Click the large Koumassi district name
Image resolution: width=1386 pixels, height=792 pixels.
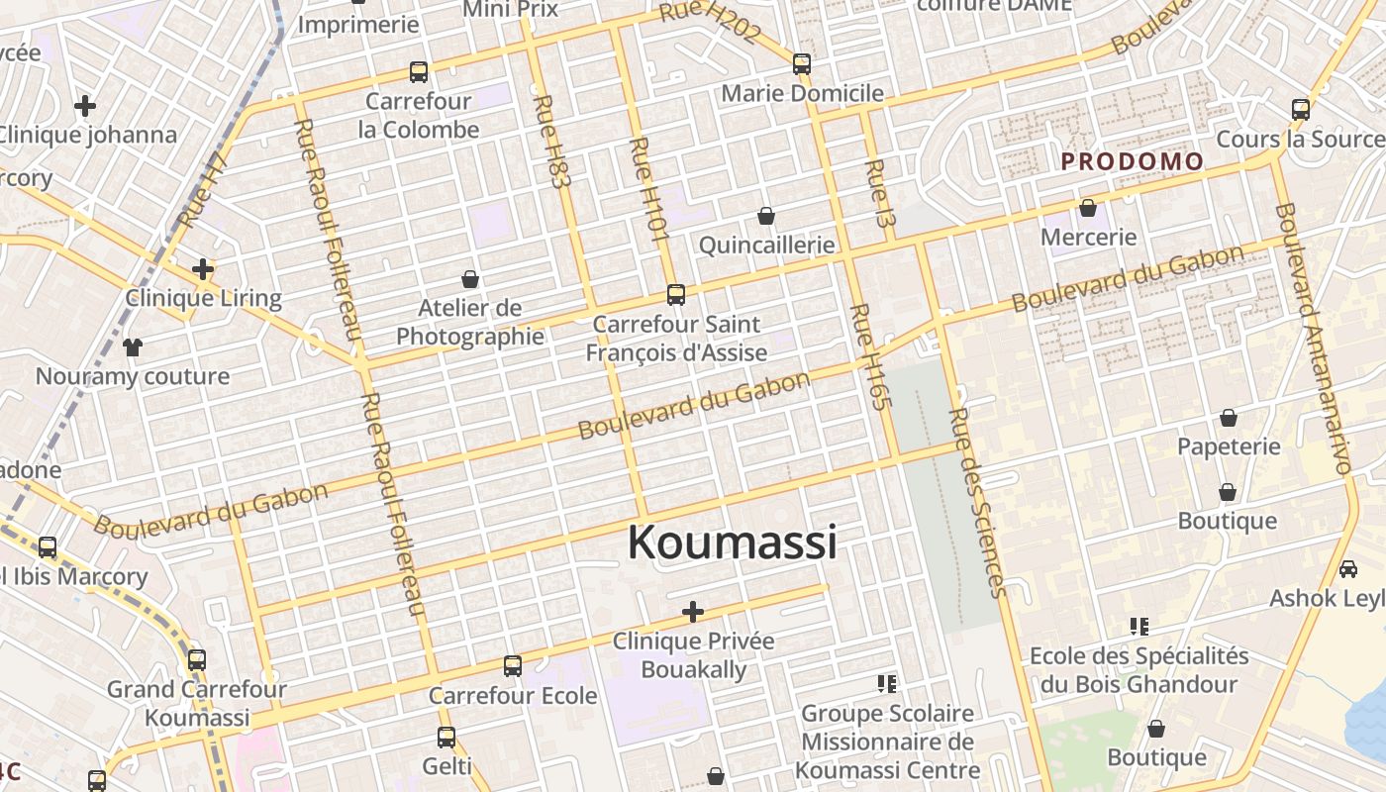coord(733,543)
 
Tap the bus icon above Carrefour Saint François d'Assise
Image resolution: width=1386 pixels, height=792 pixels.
coord(676,294)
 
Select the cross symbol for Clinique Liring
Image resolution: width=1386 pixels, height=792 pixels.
coord(203,268)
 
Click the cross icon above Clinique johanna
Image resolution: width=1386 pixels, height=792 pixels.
coord(85,105)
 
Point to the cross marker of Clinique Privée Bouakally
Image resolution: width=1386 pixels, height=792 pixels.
coord(693,612)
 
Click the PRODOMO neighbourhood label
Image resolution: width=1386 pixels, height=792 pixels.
coord(1133,161)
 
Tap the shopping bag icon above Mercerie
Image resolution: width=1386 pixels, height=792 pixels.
coord(1088,208)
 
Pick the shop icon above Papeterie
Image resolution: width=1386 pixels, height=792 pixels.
coord(1229,418)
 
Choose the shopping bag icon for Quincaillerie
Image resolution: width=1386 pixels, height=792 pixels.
coord(765,215)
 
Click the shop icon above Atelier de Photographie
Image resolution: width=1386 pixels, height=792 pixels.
coord(470,279)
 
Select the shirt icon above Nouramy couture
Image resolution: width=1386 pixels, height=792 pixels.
coord(133,346)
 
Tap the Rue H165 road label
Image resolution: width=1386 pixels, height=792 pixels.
coord(865,356)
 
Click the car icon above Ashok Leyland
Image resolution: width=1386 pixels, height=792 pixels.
coord(1348,569)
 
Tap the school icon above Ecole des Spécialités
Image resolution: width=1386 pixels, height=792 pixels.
coord(1138,626)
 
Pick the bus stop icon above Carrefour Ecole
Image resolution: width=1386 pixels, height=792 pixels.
coord(513,666)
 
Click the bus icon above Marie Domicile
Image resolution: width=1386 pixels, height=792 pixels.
coord(802,64)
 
